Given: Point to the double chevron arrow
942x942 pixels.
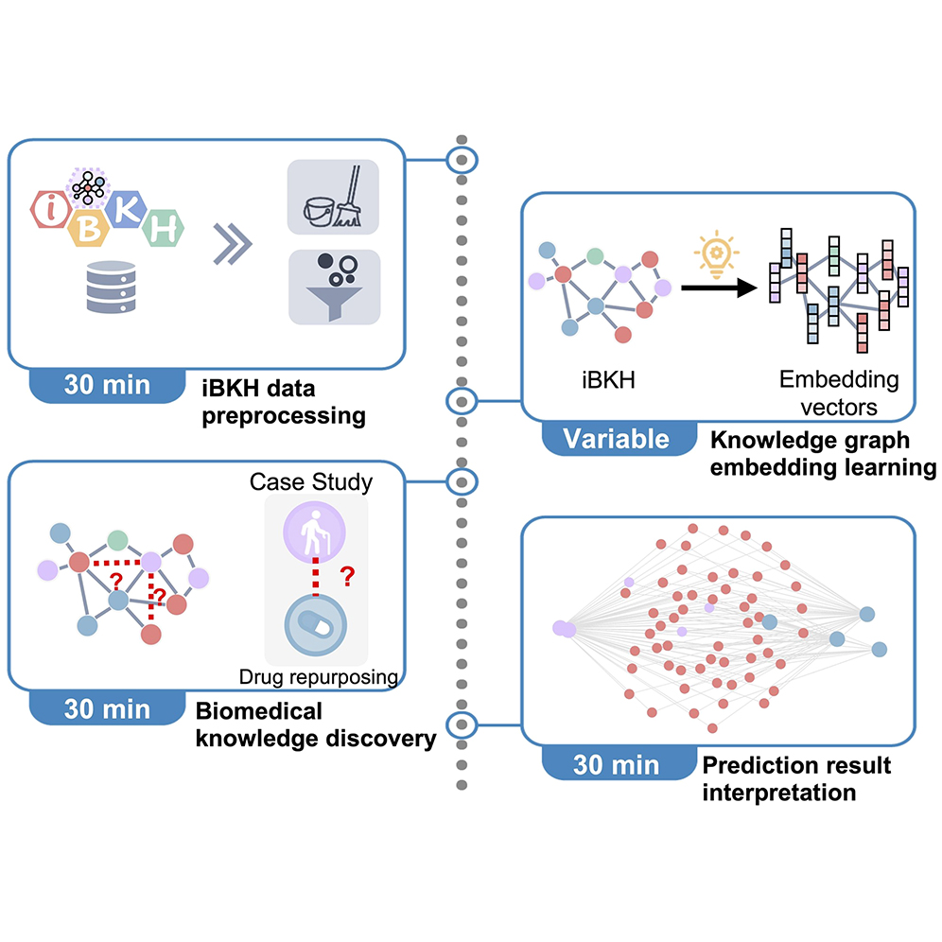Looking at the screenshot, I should tap(233, 243).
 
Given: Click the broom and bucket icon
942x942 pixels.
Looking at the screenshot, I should tap(333, 197).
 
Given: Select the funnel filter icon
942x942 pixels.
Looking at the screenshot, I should tap(333, 287).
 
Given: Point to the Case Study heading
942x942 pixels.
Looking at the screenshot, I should tap(311, 482).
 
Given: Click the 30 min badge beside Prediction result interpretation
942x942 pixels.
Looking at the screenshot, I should tap(616, 764).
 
